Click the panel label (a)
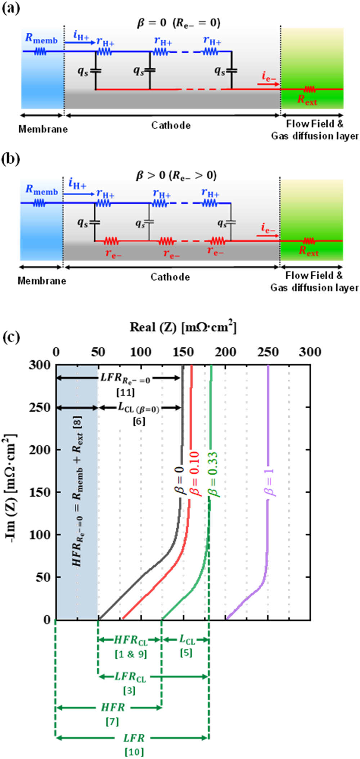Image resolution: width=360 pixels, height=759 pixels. tap(11, 8)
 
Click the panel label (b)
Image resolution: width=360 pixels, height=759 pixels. tap(11, 159)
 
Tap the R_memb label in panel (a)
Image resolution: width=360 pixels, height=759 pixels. tap(41, 39)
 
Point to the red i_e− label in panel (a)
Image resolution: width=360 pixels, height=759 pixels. tap(268, 77)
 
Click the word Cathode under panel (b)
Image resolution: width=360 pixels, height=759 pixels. tap(170, 277)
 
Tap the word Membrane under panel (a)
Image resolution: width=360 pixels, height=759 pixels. tap(43, 129)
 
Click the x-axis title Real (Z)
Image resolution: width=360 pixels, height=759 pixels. tap(183, 327)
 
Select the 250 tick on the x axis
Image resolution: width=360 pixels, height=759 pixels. tap(268, 352)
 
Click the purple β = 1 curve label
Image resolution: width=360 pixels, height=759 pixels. tap(270, 482)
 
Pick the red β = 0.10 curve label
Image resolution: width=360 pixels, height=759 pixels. tap(194, 474)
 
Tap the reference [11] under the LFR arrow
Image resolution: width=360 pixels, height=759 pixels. tap(125, 392)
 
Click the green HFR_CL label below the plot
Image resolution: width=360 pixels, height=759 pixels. tap(131, 641)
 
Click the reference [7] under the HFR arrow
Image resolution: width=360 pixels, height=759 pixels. tap(112, 722)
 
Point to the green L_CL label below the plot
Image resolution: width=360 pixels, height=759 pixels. tap(187, 640)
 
